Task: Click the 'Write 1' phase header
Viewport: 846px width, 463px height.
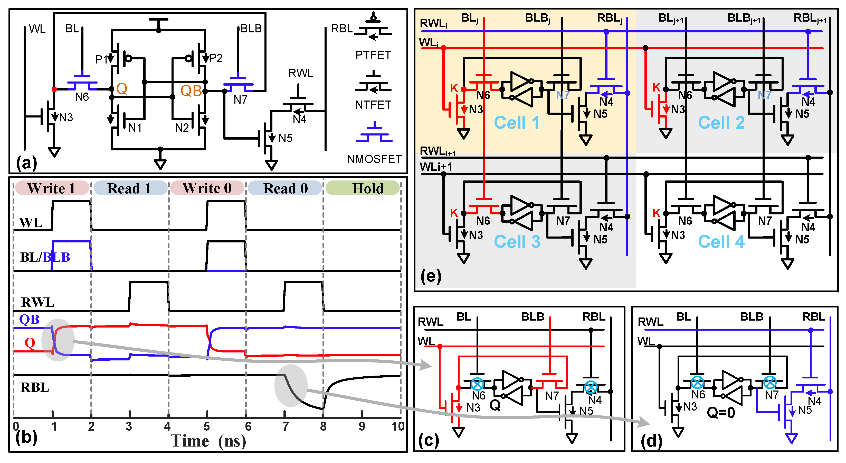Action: pyautogui.click(x=52, y=188)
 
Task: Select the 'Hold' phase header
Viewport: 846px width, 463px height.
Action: pyautogui.click(x=367, y=188)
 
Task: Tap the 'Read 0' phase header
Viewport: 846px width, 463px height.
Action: pyautogui.click(x=285, y=188)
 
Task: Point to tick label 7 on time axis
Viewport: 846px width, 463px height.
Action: pyautogui.click(x=286, y=426)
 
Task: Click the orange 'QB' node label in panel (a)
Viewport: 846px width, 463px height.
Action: pyautogui.click(x=191, y=91)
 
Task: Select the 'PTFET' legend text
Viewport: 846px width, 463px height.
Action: pyautogui.click(x=373, y=55)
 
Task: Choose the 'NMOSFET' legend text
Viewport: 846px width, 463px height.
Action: pyautogui.click(x=374, y=159)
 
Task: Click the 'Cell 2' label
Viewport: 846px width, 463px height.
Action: pyautogui.click(x=721, y=123)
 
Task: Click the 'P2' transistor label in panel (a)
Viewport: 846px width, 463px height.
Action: pyautogui.click(x=216, y=58)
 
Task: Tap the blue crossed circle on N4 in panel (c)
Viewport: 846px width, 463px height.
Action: pyautogui.click(x=591, y=387)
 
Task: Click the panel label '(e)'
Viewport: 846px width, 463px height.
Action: pyautogui.click(x=431, y=276)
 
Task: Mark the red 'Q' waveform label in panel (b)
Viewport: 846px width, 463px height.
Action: pyautogui.click(x=30, y=343)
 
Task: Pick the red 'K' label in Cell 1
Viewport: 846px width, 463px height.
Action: pyautogui.click(x=454, y=88)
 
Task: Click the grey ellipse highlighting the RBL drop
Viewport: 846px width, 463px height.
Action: pyautogui.click(x=291, y=386)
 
